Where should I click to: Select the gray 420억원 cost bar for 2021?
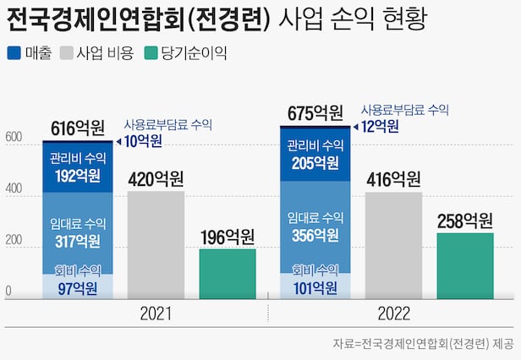pos(156,245)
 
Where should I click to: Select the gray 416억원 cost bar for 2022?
pos(393,246)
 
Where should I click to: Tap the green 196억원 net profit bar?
pos(228,274)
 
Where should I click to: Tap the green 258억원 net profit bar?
pos(464,265)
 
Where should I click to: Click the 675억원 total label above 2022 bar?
pos(315,113)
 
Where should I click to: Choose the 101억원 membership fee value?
pos(315,289)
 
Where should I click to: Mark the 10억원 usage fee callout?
pos(144,141)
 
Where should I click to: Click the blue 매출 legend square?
pos(14,52)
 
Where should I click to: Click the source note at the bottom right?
pos(423,344)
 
